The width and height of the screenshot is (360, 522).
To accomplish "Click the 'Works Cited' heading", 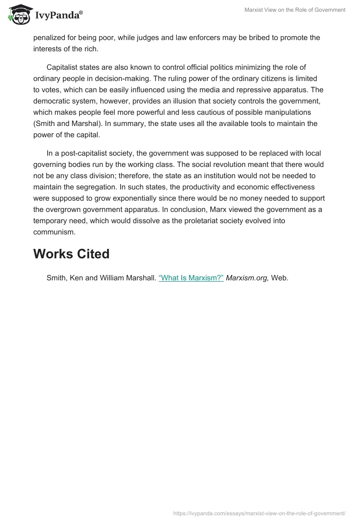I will pos(71,254).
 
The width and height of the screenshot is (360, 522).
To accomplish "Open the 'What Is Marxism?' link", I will pos(191,278).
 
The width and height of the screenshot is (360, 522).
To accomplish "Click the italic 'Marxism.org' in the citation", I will pos(247,278).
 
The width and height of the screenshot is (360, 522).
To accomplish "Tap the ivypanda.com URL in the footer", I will pos(259,513).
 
